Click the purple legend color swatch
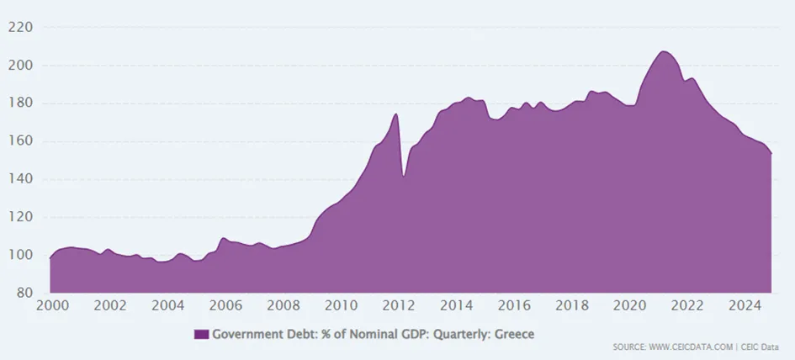(201, 334)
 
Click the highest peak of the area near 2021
(664, 51)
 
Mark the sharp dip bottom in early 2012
(404, 176)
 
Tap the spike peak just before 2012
(395, 114)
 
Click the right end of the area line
(771, 153)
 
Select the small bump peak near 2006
(223, 238)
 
